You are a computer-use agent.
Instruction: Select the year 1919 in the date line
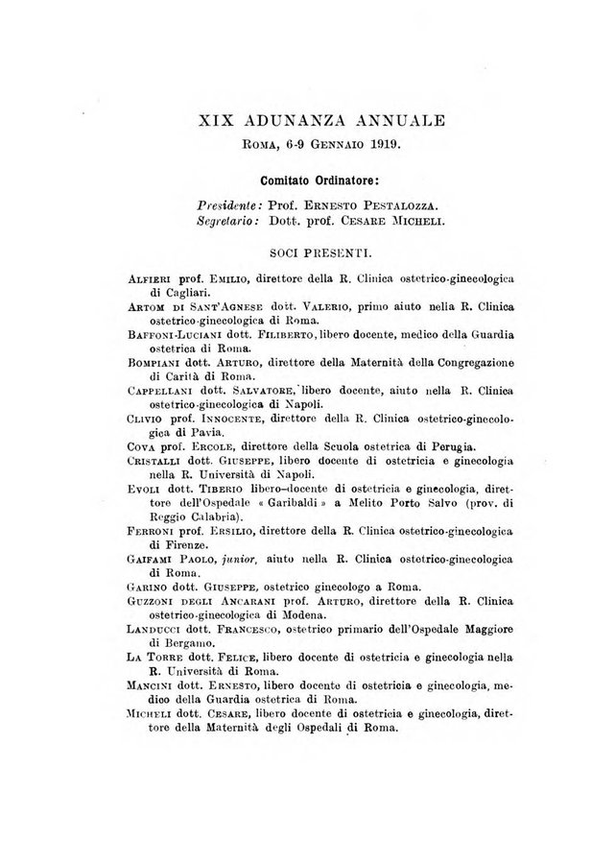(x=382, y=145)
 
